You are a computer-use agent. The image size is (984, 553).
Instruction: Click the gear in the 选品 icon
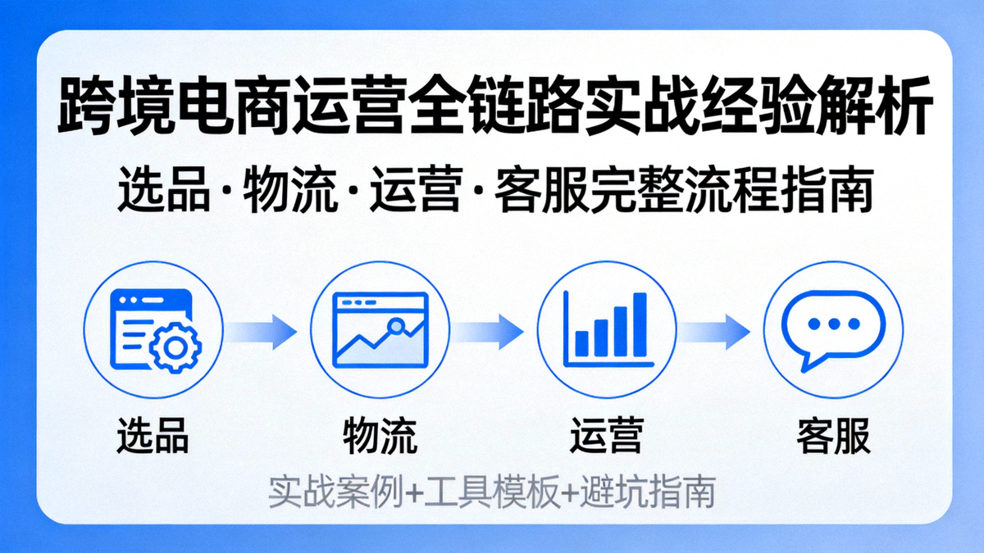[x=175, y=347]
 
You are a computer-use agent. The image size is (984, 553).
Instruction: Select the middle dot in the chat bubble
[x=835, y=324]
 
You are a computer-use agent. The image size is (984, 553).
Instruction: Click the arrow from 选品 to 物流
[x=265, y=331]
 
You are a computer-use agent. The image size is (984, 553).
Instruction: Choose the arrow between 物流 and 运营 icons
[x=490, y=331]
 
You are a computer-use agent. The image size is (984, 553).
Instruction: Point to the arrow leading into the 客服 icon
[x=717, y=331]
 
